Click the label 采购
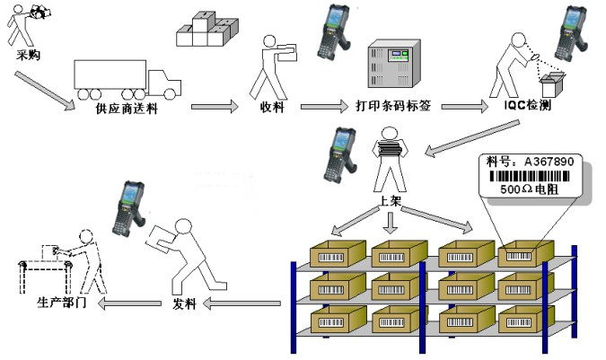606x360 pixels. pyautogui.click(x=28, y=55)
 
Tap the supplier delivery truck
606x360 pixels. pyautogui.click(x=127, y=80)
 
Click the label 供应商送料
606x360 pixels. pyautogui.click(x=127, y=109)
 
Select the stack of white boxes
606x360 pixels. pyautogui.click(x=207, y=29)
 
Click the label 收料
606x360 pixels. pyautogui.click(x=272, y=107)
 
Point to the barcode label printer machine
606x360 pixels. pyautogui.click(x=394, y=63)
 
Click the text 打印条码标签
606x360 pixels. pyautogui.click(x=393, y=105)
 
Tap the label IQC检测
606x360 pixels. pyautogui.click(x=528, y=105)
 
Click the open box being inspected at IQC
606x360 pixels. pyautogui.click(x=553, y=84)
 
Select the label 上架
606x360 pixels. pyautogui.click(x=390, y=200)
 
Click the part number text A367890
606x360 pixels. pyautogui.click(x=549, y=162)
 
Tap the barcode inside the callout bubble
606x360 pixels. pyautogui.click(x=530, y=177)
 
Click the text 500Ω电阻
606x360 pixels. pyautogui.click(x=529, y=189)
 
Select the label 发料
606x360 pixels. pyautogui.click(x=184, y=303)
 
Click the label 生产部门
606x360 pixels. pyautogui.click(x=61, y=303)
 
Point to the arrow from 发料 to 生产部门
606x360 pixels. pyautogui.click(x=129, y=303)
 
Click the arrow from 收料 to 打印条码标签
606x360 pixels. pyautogui.click(x=324, y=107)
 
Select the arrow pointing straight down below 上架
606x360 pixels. pyautogui.click(x=391, y=223)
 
